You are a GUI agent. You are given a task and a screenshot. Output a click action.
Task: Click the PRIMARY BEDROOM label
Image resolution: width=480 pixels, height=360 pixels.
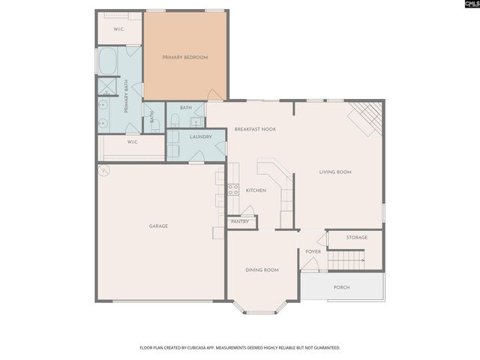point(184,57)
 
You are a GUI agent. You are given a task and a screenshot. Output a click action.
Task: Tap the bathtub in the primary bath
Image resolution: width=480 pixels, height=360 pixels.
point(108,61)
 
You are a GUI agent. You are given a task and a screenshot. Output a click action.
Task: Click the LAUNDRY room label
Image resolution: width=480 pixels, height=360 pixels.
point(201,136)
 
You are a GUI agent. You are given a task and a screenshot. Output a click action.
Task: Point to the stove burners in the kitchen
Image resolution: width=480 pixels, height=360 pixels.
point(233,190)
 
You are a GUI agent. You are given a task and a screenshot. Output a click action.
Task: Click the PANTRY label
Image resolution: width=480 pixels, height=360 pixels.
point(240,222)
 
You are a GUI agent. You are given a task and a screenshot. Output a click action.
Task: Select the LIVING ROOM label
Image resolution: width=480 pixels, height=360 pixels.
point(335,172)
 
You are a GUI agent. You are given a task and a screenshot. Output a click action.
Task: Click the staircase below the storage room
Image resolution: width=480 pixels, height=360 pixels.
point(346,260)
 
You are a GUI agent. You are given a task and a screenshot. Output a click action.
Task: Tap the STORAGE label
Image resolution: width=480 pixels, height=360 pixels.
point(357,238)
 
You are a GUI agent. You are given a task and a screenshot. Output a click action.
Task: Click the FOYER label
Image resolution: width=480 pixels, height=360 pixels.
point(313,251)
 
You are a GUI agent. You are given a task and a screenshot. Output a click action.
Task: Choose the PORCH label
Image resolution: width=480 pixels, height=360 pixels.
point(341,287)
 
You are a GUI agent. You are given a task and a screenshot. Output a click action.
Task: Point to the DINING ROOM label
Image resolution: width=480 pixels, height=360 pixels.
point(262,270)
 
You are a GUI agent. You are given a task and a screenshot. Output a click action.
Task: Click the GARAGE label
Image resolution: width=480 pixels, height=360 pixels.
point(158,226)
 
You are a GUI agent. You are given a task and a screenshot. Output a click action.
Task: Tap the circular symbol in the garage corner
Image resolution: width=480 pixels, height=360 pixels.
point(104,171)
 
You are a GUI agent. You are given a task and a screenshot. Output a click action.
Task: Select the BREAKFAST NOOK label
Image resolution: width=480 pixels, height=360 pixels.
point(255,129)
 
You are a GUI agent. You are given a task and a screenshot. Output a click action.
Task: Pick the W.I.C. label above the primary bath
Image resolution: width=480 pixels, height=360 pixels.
point(118,29)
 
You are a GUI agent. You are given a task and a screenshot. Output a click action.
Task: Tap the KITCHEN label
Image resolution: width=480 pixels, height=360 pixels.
point(256,190)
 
